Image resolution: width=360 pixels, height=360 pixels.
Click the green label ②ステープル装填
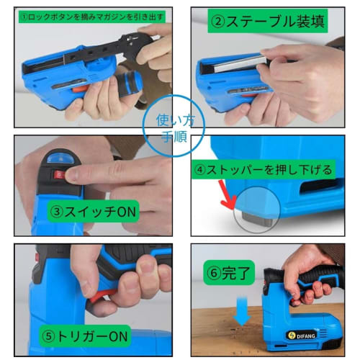coord(267,22)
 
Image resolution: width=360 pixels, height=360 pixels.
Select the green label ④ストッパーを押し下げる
coord(263,170)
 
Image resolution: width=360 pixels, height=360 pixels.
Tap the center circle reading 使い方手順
coord(171,124)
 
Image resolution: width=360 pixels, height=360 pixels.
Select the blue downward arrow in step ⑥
coord(243,313)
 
